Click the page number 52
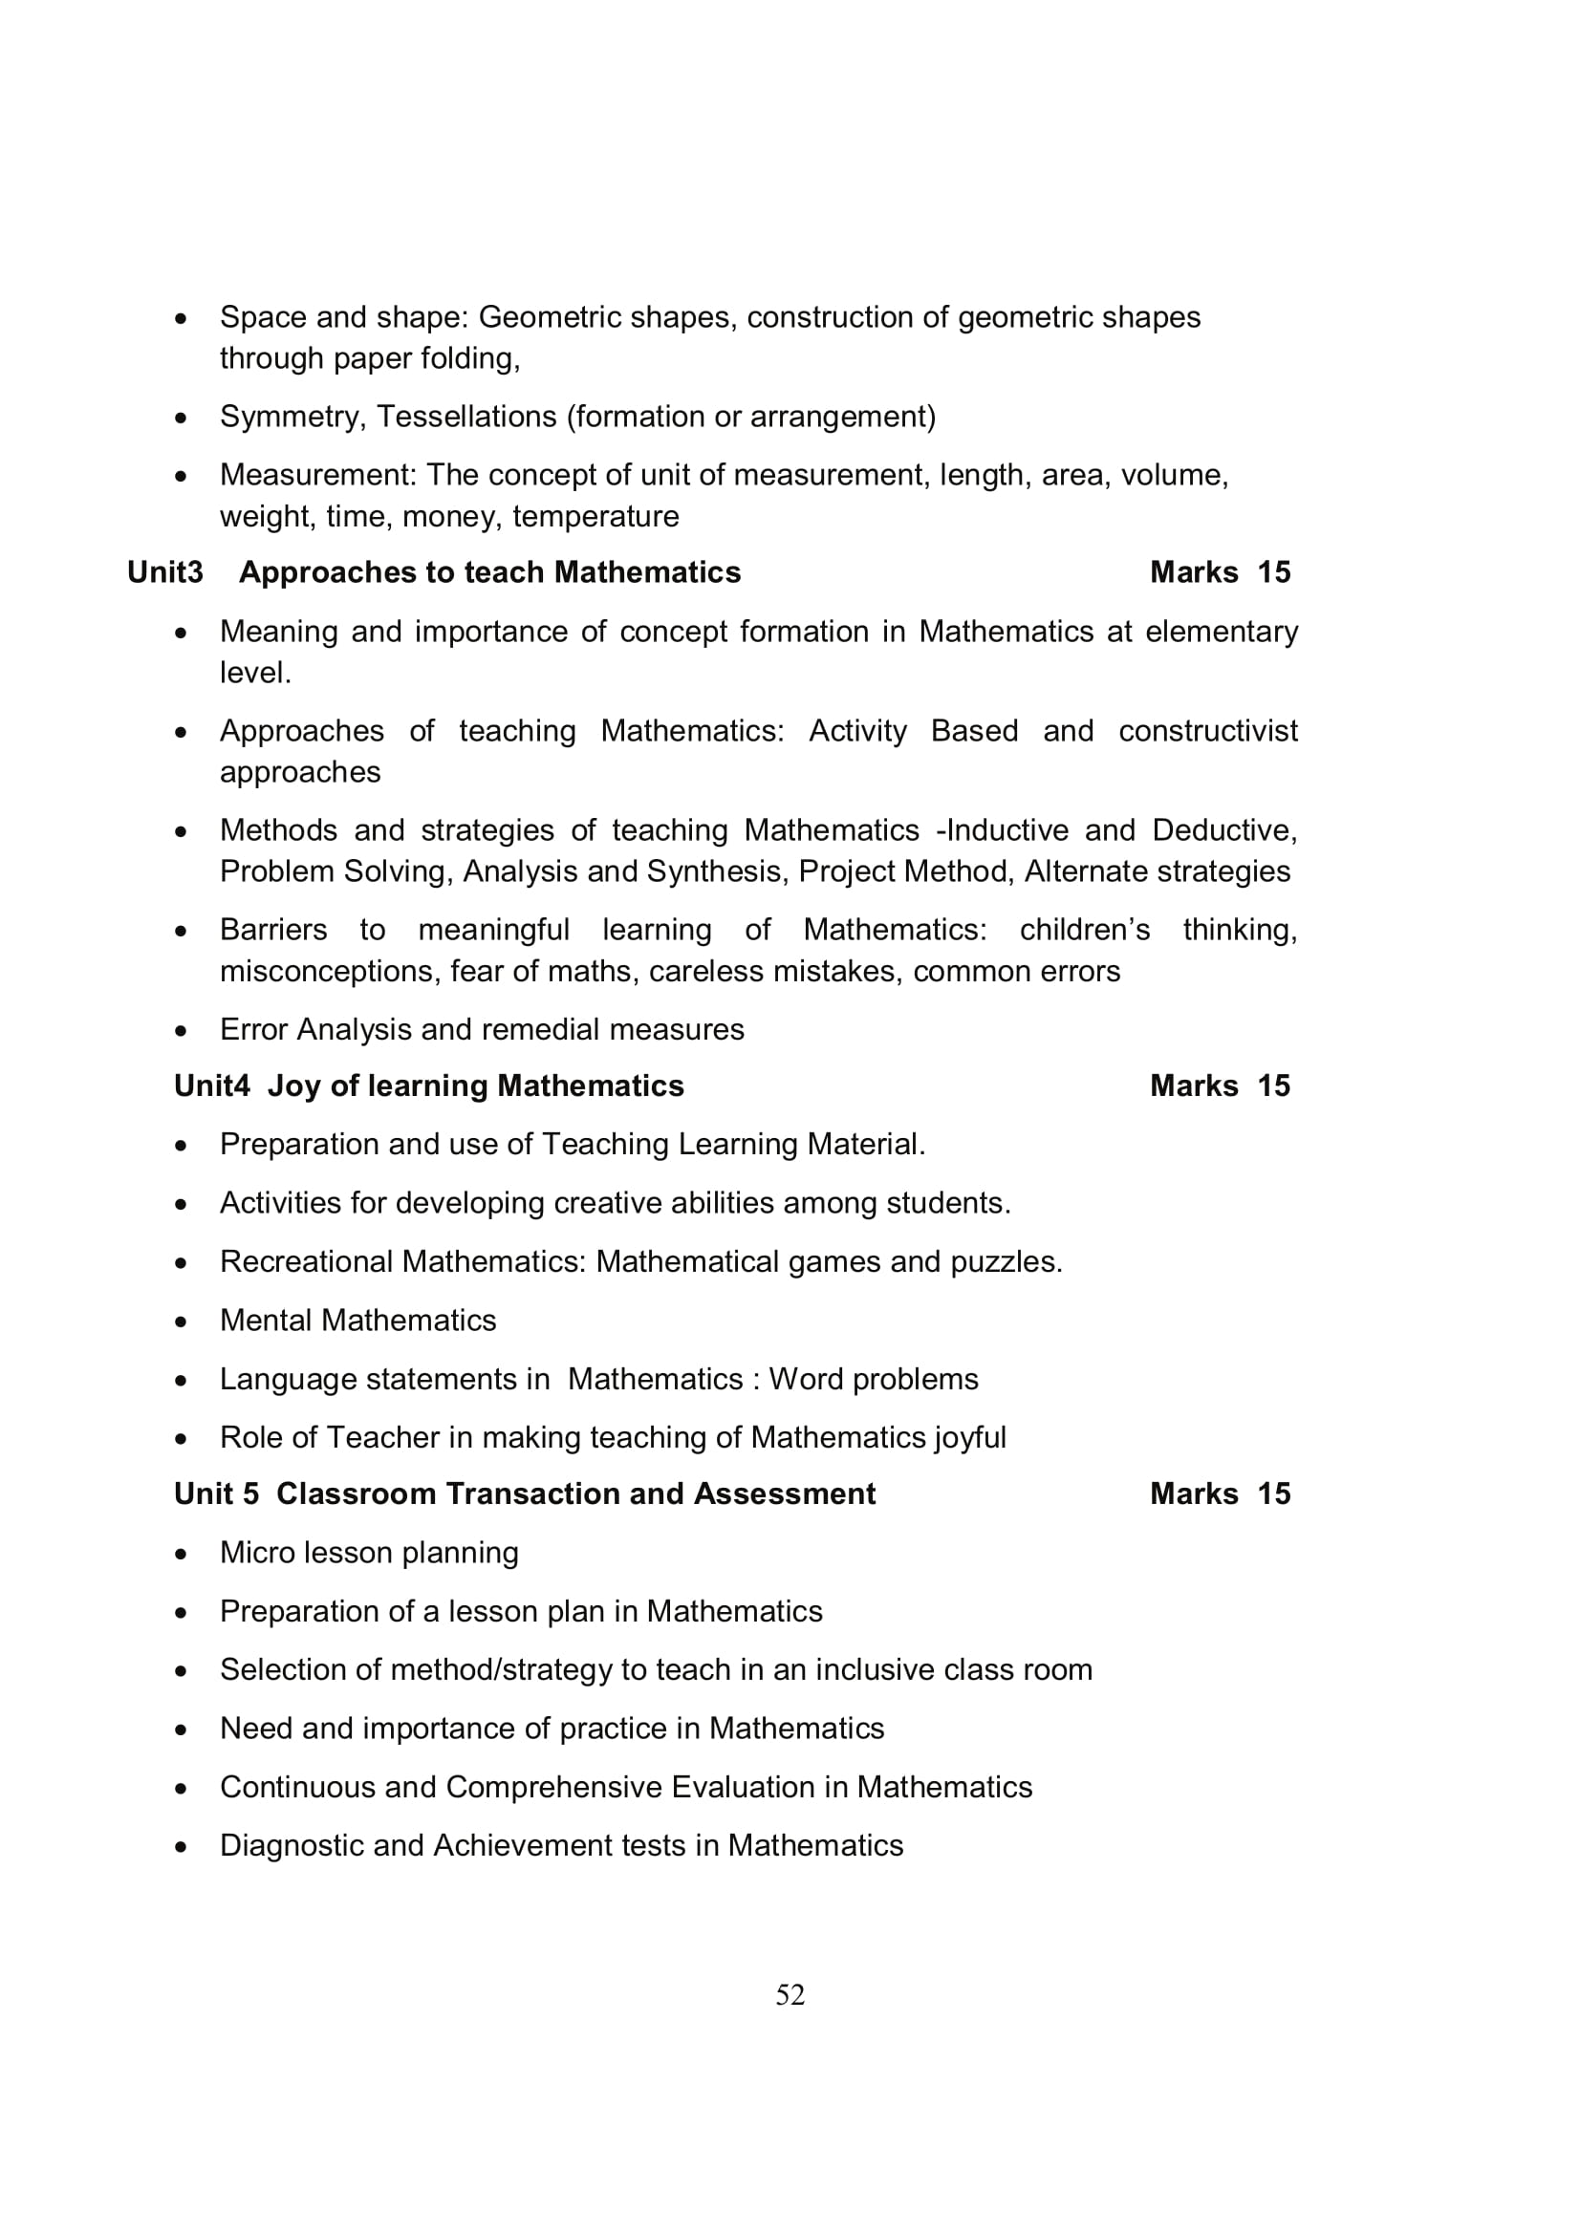click(x=790, y=1994)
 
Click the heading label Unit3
click(x=164, y=572)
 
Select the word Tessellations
click(x=466, y=417)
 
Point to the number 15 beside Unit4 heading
click(x=1272, y=1085)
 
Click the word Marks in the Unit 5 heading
click(x=1194, y=1494)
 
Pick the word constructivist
click(x=1207, y=730)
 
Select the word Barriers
click(x=273, y=930)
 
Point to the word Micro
click(x=257, y=1552)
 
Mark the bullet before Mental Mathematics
click(x=181, y=1322)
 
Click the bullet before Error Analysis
click(x=181, y=1031)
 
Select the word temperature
click(x=595, y=517)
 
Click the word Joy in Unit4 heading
click(x=294, y=1086)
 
